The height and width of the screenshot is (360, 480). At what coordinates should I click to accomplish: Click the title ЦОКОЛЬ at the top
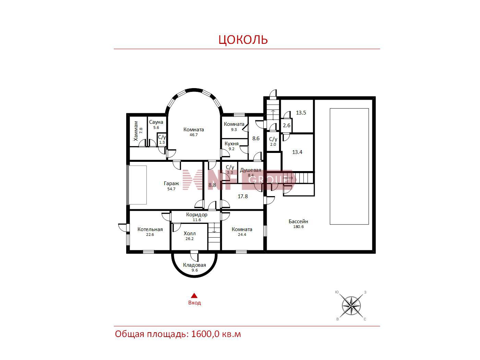[243, 39]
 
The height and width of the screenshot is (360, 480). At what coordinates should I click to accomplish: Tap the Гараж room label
[171, 183]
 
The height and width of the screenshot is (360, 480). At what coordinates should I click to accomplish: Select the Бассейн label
[298, 221]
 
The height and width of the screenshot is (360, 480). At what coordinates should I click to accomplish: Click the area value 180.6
[298, 227]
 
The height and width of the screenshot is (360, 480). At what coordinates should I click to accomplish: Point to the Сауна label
[156, 122]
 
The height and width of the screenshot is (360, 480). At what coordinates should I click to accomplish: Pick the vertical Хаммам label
[136, 131]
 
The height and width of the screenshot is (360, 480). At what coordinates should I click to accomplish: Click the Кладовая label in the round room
[194, 265]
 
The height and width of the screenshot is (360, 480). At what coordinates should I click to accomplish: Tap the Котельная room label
[150, 229]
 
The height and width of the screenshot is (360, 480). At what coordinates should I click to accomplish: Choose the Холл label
[190, 233]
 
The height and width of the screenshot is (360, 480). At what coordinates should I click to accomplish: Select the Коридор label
[196, 215]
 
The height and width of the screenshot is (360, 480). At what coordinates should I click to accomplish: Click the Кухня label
[231, 144]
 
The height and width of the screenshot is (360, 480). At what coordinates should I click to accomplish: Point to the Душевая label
[250, 170]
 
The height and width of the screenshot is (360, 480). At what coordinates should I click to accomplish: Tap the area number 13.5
[301, 113]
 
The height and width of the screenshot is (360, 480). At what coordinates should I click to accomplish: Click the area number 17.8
[243, 196]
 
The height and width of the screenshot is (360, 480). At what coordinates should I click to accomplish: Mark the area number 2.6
[287, 125]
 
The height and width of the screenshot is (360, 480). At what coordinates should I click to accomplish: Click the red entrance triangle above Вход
[194, 296]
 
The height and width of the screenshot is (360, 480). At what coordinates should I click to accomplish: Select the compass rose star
[351, 306]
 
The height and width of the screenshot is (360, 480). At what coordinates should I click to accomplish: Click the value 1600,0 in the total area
[205, 334]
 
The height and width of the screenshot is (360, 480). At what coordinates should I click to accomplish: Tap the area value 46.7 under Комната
[193, 135]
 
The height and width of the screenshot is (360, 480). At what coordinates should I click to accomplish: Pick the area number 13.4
[297, 152]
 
